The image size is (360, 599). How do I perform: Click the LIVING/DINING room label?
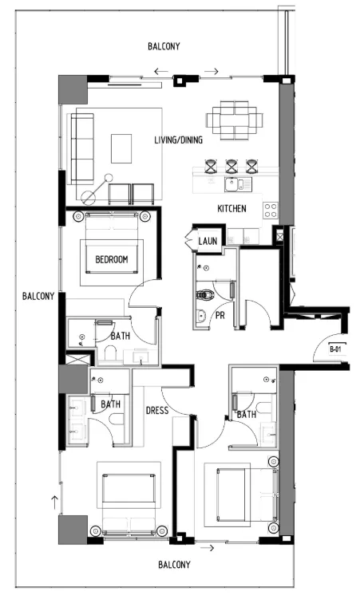tap(178, 140)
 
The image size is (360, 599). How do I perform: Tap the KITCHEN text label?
tap(232, 209)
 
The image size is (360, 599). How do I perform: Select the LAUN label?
tap(208, 240)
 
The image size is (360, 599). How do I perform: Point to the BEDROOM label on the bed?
tap(112, 260)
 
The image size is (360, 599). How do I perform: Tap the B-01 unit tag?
tap(336, 349)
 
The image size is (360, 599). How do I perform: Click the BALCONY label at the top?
tap(164, 47)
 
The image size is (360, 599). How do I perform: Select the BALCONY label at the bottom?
tap(174, 565)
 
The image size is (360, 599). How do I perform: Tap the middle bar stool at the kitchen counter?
tap(231, 166)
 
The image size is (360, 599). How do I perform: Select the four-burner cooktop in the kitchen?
tap(271, 211)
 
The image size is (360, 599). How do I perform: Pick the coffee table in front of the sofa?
tap(122, 148)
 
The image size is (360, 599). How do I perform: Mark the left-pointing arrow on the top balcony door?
tap(162, 73)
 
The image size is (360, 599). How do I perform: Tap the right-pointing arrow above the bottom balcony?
tap(212, 548)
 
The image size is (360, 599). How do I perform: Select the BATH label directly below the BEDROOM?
tap(121, 337)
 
